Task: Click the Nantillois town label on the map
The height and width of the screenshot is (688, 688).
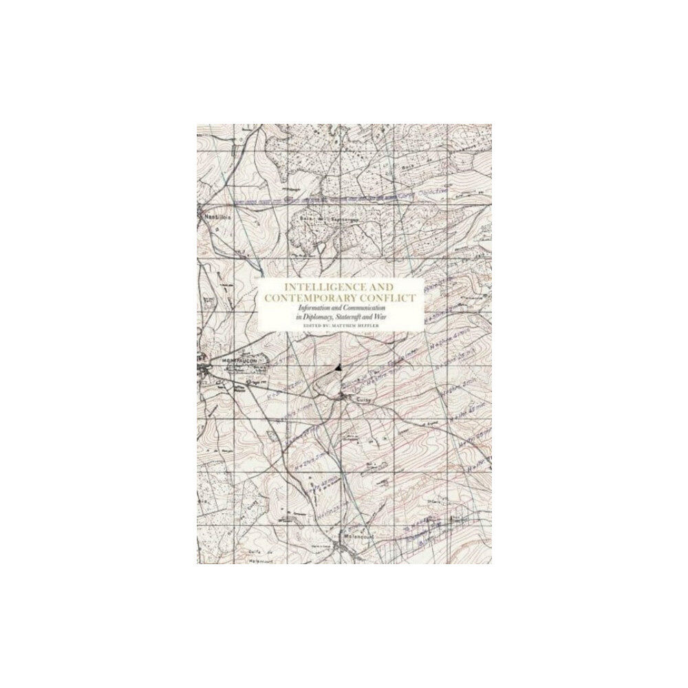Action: pyautogui.click(x=207, y=214)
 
